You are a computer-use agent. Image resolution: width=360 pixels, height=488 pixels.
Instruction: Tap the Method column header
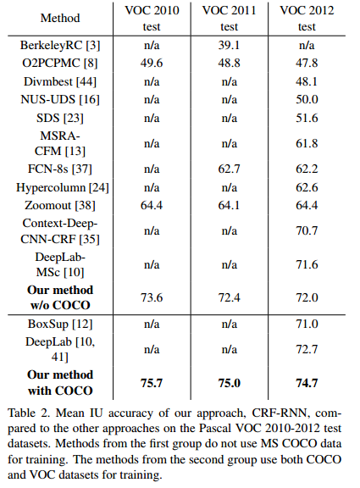pyautogui.click(x=58, y=19)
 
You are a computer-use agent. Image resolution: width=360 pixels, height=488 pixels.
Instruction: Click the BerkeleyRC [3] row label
pyautogui.click(x=58, y=43)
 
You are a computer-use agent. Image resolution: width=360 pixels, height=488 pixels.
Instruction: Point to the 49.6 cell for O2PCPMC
pyautogui.click(x=152, y=62)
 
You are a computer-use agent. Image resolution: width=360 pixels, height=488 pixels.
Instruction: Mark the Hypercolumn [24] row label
pyautogui.click(x=58, y=186)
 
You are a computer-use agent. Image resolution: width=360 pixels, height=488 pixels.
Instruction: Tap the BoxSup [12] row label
pyautogui.click(x=58, y=323)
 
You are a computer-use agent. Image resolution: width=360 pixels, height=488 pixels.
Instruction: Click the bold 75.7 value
pyautogui.click(x=152, y=382)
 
